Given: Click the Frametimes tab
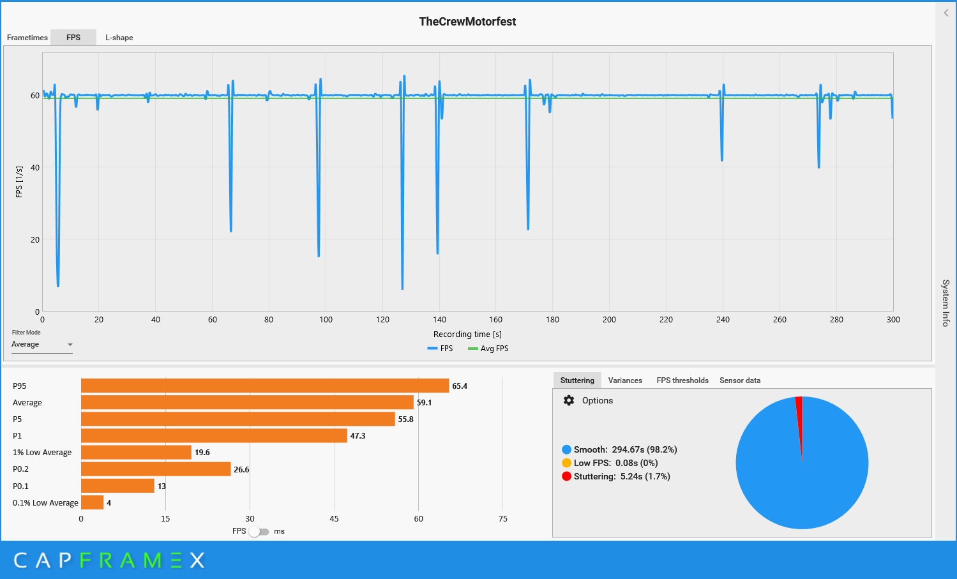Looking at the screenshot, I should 27,38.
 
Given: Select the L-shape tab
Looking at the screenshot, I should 119,38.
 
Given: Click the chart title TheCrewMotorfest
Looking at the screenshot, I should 467,22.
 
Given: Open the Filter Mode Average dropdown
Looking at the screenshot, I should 42,345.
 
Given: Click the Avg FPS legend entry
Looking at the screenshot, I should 488,349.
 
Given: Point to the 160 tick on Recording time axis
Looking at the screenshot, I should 496,320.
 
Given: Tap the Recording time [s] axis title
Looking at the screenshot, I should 467,335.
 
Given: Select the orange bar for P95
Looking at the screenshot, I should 265,386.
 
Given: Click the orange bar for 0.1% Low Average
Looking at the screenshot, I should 92,502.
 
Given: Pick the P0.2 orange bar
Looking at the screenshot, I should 156,469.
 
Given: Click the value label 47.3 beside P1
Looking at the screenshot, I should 358,436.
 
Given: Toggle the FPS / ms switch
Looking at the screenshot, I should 259,531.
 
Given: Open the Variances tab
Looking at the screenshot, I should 625,380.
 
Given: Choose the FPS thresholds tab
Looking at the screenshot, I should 682,380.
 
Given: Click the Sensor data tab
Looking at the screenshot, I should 740,380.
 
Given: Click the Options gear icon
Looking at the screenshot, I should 569,401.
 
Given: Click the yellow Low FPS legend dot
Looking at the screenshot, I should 566,463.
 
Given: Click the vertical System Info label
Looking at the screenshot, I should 946,303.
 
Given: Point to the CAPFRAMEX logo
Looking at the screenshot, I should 109,560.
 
